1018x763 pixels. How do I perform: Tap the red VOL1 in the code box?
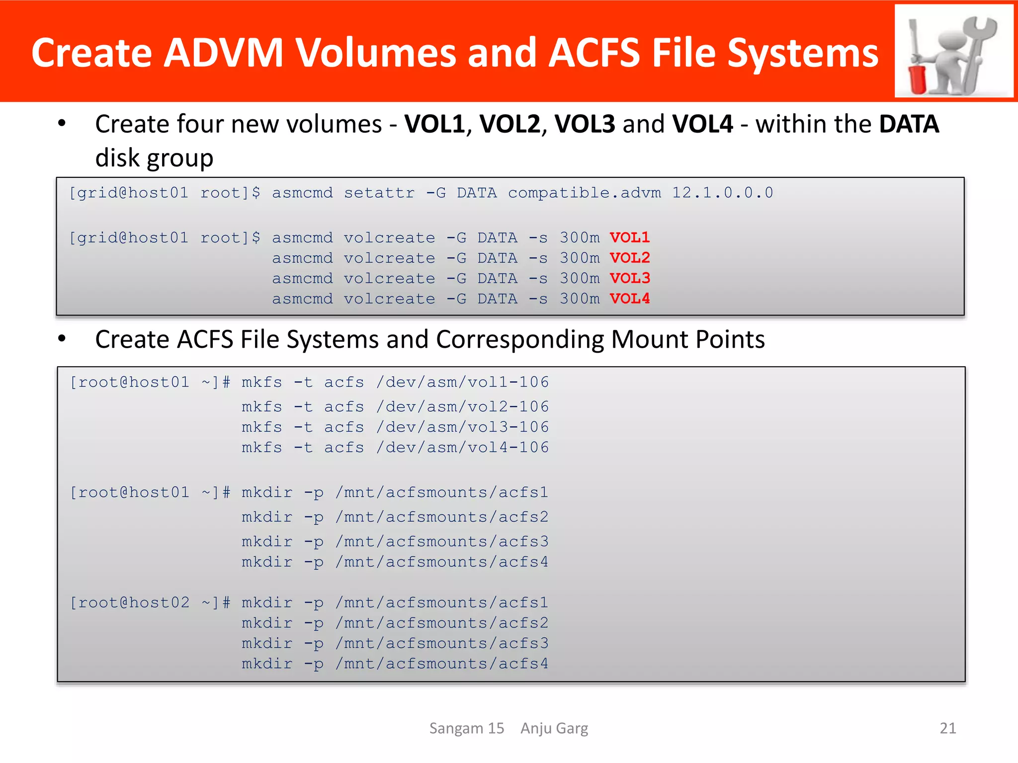629,237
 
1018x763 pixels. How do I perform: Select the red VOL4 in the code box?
629,299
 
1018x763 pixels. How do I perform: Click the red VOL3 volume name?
629,278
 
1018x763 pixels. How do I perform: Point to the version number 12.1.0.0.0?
722,193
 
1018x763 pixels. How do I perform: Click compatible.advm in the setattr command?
584,193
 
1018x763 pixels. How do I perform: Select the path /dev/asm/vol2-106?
462,407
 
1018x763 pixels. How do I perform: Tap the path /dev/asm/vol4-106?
462,448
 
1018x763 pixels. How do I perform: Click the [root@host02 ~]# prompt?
150,603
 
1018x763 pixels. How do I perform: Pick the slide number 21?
947,728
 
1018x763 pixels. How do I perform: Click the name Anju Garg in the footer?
554,728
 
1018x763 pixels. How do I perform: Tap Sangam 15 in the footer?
467,728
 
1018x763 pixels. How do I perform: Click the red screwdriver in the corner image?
916,65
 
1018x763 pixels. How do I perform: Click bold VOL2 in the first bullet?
509,124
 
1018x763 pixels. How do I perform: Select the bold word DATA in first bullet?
909,124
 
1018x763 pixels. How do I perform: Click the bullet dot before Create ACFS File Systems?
62,339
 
